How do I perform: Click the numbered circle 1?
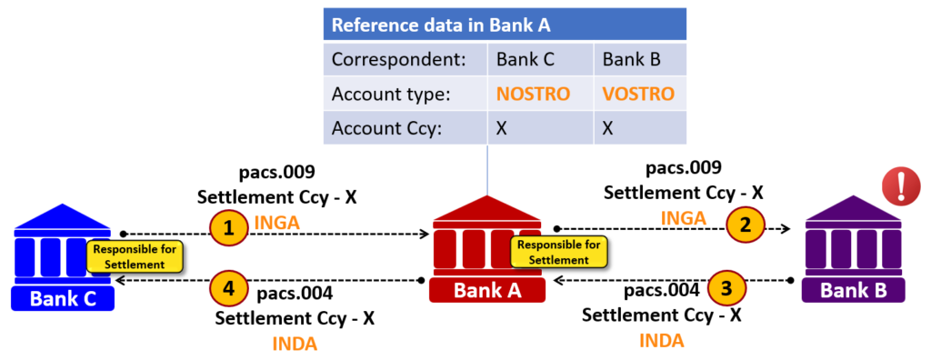point(230,227)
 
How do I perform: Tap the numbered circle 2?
point(746,226)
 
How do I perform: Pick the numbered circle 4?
point(229,289)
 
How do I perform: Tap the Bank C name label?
point(62,297)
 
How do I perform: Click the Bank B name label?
point(854,290)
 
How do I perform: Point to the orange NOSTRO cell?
point(533,94)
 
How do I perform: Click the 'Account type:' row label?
point(393,94)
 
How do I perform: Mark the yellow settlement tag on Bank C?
point(135,255)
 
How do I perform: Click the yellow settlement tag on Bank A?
point(557,252)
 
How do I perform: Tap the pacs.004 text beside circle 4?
point(295,293)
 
